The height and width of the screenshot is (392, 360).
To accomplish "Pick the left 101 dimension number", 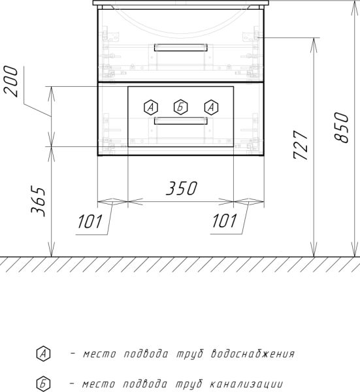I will tap(91, 222).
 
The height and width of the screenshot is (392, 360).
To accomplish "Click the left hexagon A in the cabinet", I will tap(151, 106).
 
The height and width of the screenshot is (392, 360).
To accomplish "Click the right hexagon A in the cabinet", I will tap(210, 106).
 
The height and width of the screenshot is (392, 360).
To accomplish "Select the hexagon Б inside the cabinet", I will tap(180, 106).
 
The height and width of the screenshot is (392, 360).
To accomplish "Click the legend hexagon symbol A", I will tap(44, 354).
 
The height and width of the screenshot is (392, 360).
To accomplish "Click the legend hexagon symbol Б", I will tap(44, 383).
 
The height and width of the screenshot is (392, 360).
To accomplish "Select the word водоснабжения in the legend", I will tap(253, 355).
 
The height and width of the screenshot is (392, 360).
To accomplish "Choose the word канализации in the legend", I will tap(246, 383).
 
